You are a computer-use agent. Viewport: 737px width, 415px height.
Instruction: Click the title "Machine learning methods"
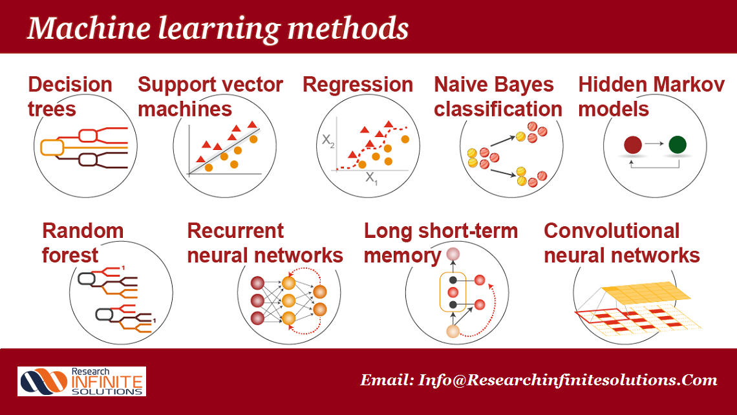point(218,28)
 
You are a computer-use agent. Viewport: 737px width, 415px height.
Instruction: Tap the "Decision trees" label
point(70,97)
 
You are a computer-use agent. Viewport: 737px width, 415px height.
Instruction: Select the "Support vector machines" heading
point(210,97)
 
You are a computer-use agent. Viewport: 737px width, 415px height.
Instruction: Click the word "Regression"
point(358,85)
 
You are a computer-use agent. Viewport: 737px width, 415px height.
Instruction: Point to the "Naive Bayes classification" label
point(498,97)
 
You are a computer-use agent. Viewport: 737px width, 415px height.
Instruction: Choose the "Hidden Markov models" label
point(652,97)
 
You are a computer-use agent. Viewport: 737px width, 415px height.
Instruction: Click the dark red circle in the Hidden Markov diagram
point(633,145)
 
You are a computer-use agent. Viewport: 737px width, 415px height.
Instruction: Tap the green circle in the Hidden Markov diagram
point(678,145)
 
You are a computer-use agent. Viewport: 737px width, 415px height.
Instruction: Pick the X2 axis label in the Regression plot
point(328,140)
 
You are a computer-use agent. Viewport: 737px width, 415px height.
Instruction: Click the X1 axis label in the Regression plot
point(371,178)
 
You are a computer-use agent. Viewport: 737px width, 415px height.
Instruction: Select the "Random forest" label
point(83,243)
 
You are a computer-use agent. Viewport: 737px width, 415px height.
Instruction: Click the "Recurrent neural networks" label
point(265,243)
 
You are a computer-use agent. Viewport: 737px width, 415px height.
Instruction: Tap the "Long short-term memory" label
point(441,243)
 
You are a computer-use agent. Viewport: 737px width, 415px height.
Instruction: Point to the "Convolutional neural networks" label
point(622,243)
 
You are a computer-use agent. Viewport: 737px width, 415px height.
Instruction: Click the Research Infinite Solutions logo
point(82,381)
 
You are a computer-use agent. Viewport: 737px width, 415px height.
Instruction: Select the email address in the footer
point(539,379)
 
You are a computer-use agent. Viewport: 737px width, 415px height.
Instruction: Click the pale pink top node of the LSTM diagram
point(453,254)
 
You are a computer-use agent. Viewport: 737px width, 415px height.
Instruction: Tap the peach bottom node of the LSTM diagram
point(453,332)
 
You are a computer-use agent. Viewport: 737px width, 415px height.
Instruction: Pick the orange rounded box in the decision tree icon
point(52,147)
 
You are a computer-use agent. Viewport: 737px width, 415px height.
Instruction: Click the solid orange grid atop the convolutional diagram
point(646,293)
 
